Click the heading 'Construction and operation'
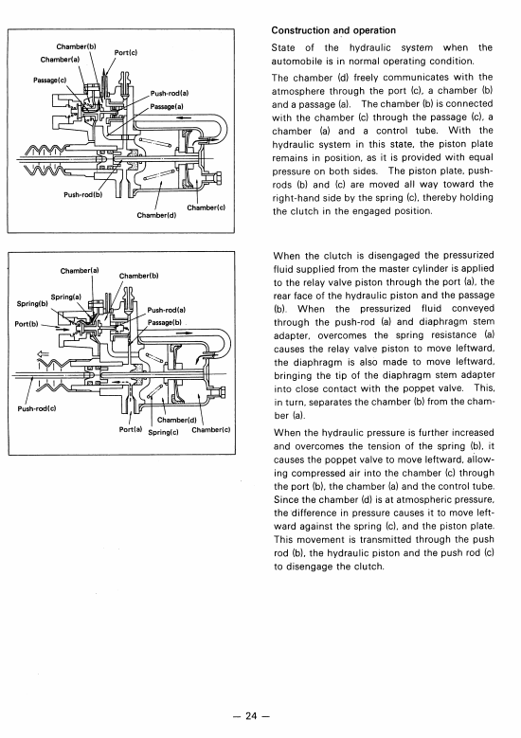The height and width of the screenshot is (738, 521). click(x=333, y=30)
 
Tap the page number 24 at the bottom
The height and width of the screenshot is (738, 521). click(x=251, y=716)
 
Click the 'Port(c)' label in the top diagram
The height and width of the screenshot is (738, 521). click(x=126, y=53)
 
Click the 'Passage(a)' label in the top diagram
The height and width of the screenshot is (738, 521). click(x=167, y=106)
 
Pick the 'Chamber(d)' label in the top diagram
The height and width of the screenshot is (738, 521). click(x=156, y=215)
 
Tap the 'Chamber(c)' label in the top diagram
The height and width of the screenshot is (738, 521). click(x=207, y=207)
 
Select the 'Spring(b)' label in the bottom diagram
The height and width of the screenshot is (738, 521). click(x=32, y=303)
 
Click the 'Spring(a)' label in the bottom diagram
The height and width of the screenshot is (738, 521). click(x=66, y=297)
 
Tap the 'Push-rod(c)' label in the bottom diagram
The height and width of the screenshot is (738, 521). click(x=37, y=408)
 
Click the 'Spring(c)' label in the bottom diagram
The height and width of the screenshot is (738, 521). click(x=163, y=432)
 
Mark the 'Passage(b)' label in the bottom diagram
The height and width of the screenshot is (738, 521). click(x=165, y=322)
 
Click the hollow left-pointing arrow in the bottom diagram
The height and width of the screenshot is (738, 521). click(x=43, y=354)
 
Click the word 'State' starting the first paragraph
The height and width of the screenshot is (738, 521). click(x=283, y=48)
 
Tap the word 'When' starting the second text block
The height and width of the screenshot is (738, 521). click(x=286, y=256)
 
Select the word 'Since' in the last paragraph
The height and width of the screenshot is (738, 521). click(x=286, y=500)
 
